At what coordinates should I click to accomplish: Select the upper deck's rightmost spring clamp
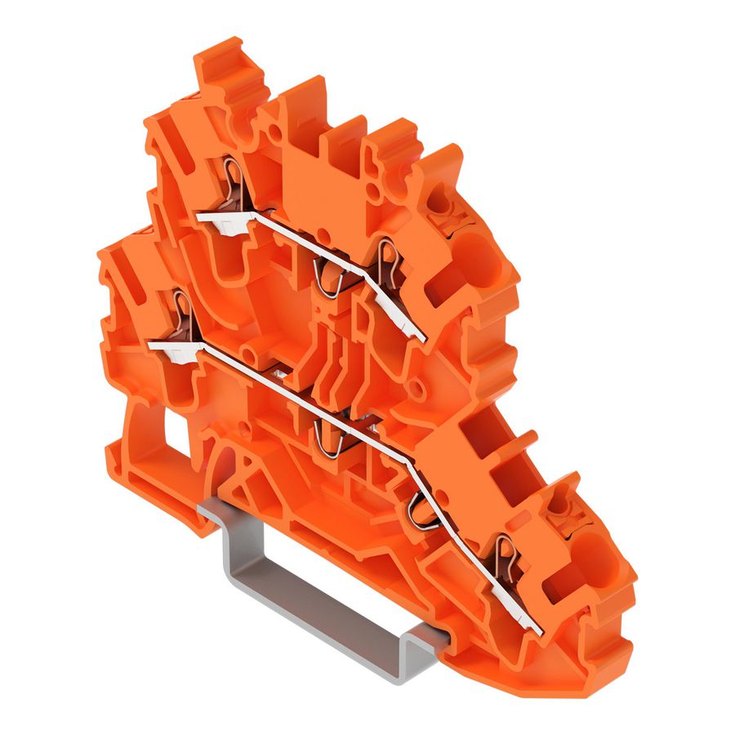pos(389,260)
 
